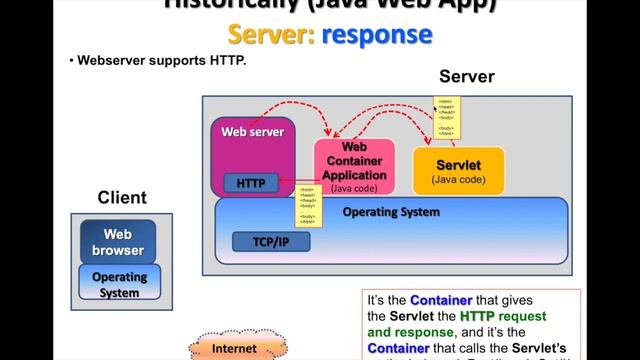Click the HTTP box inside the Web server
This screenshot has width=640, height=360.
244,183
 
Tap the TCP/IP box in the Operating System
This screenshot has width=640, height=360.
271,241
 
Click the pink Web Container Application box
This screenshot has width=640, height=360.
355,166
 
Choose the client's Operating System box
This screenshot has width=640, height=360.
119,284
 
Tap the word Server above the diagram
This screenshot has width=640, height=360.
467,77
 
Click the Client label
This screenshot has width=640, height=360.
121,198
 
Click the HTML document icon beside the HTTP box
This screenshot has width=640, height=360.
306,204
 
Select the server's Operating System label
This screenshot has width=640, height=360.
390,212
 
